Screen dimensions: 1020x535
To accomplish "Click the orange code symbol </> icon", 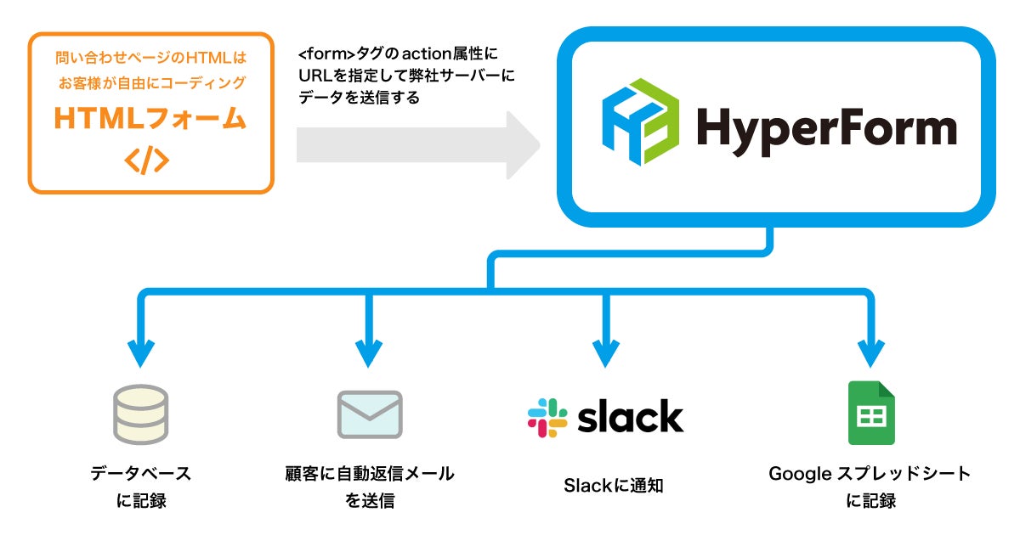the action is (x=146, y=160).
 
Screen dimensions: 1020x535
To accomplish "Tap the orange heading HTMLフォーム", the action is (x=150, y=118).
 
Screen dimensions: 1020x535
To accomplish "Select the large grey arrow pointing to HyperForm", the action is (x=418, y=145).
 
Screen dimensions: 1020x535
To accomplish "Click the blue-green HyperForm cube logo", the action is (x=641, y=122).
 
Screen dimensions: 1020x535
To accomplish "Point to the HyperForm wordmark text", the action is (x=826, y=131).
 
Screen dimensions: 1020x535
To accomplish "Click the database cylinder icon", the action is (x=141, y=414).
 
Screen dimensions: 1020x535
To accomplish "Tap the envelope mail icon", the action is (x=370, y=414).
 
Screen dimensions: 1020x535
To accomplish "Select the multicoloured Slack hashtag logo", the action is (x=547, y=418).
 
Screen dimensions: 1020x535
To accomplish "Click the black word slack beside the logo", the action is (x=631, y=416).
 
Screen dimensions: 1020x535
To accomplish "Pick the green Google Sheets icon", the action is (x=871, y=413).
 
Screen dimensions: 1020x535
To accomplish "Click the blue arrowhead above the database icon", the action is (x=141, y=353).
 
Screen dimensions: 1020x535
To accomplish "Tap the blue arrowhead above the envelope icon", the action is (x=369, y=353).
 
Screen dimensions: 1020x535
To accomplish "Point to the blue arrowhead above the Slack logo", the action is (x=605, y=353).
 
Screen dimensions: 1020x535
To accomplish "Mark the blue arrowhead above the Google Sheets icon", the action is (x=870, y=353).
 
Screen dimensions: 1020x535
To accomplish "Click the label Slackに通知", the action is (x=614, y=486).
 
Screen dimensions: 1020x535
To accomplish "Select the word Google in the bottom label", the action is (x=801, y=475).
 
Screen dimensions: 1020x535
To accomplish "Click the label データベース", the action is (x=141, y=474).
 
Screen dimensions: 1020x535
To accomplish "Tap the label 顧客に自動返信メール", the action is (x=370, y=474).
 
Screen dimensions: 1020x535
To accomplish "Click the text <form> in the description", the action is (x=326, y=53).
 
